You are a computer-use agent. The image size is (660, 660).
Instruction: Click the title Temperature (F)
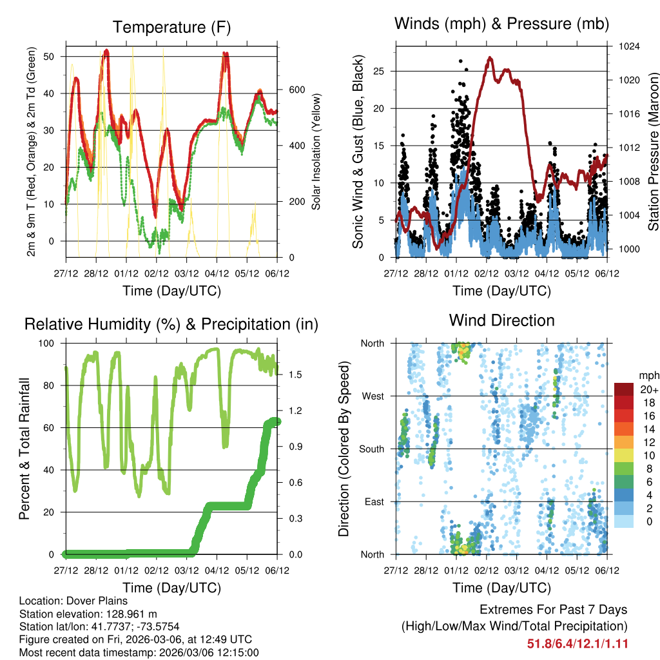(x=171, y=28)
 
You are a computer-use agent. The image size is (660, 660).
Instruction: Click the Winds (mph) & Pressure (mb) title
(x=501, y=24)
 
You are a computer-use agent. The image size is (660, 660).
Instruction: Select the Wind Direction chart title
(x=501, y=320)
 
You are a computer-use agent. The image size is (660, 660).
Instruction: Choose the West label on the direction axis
(x=373, y=396)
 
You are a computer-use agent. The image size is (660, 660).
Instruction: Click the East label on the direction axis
(x=374, y=501)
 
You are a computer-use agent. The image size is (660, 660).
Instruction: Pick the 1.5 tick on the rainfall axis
(x=290, y=374)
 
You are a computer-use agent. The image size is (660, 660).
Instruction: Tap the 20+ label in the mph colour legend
(x=648, y=390)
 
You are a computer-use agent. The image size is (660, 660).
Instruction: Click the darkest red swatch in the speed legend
(x=624, y=390)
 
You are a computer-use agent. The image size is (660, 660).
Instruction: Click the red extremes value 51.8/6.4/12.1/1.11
(x=577, y=644)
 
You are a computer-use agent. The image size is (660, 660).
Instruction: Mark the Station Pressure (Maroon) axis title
(x=653, y=151)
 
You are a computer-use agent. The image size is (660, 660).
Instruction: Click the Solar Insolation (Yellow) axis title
(x=316, y=151)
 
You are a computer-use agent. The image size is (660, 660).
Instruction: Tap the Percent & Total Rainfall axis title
(x=24, y=449)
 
